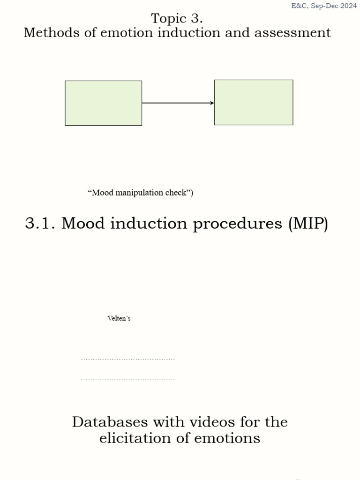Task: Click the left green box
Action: click(x=104, y=103)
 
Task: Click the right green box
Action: click(x=254, y=103)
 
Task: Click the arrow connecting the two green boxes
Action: click(x=178, y=103)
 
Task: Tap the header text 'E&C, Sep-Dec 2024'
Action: click(x=324, y=6)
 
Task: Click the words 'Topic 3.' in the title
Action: click(x=177, y=18)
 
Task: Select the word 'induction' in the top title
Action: click(x=188, y=32)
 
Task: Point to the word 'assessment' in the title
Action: click(x=292, y=32)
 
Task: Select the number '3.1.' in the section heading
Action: click(x=40, y=223)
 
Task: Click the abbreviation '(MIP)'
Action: click(x=308, y=224)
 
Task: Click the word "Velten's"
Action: click(x=119, y=318)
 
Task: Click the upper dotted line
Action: click(x=128, y=359)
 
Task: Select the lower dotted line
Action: click(x=128, y=379)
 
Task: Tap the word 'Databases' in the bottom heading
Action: click(x=110, y=422)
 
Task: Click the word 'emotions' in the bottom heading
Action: click(x=227, y=438)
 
